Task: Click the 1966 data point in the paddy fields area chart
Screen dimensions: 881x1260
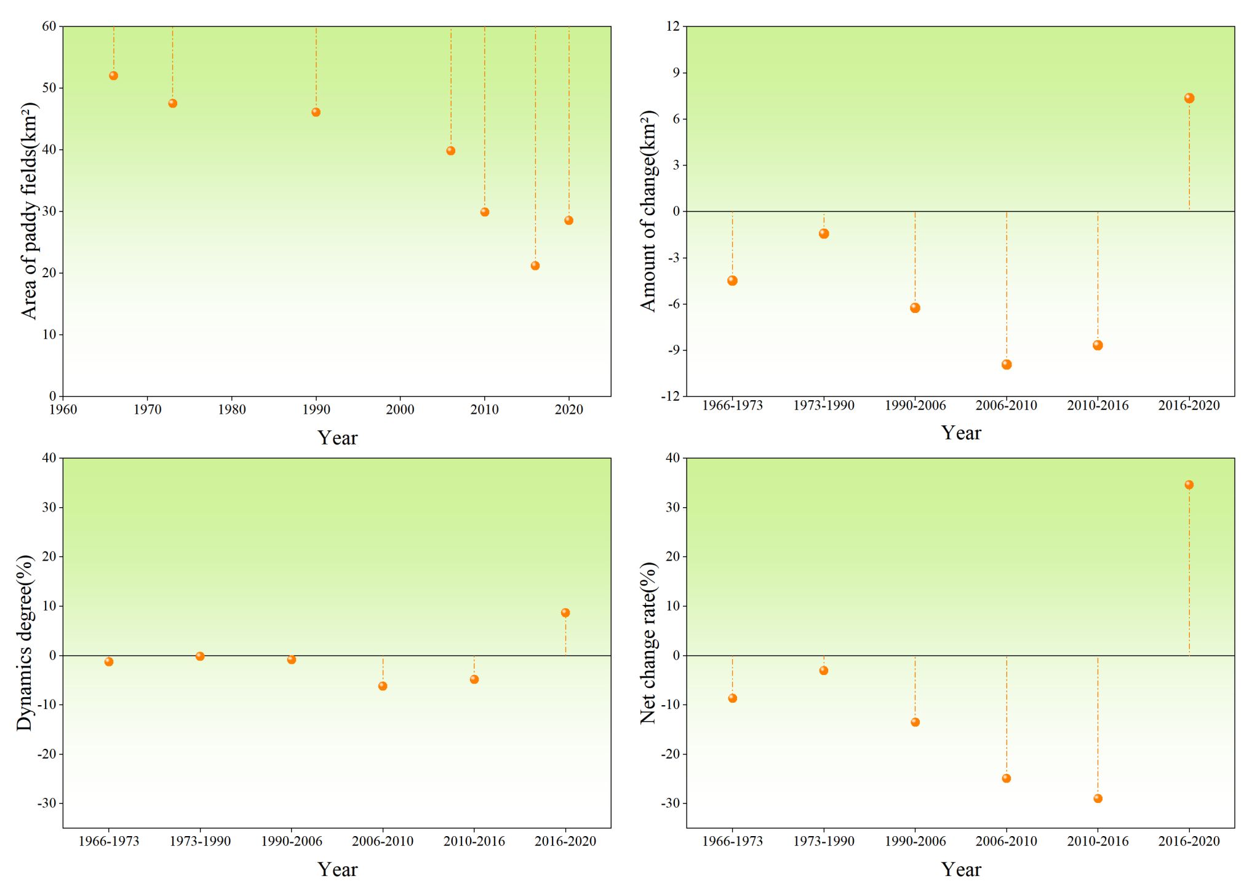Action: [x=113, y=76]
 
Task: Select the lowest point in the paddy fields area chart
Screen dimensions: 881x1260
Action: [x=535, y=266]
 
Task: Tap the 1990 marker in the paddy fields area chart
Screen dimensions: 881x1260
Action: [x=316, y=112]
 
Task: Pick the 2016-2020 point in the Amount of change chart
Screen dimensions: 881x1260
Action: [x=1189, y=98]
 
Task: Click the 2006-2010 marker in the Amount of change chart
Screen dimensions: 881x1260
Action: [x=1007, y=365]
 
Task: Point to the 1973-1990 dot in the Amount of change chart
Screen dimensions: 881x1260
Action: [x=824, y=234]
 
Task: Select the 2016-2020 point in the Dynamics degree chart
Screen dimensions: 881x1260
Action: [x=565, y=613]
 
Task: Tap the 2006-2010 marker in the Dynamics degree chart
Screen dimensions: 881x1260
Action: [x=383, y=686]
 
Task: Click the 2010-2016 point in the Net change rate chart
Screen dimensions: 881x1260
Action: [x=1098, y=799]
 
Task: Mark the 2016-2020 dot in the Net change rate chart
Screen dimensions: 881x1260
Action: [x=1189, y=485]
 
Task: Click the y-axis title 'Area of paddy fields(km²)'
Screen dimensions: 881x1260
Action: [x=29, y=211]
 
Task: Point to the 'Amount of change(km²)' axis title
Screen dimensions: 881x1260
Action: [x=648, y=211]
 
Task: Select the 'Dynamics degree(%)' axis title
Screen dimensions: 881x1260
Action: [x=25, y=642]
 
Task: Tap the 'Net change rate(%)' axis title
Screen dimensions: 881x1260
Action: [x=648, y=642]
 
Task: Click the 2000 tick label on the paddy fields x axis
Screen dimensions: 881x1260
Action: [x=401, y=410]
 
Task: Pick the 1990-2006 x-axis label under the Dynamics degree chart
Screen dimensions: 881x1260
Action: [x=292, y=842]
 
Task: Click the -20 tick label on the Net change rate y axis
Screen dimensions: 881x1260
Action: [x=670, y=754]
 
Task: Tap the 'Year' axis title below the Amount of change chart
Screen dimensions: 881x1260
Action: [x=960, y=433]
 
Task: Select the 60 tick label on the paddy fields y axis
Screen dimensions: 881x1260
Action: [x=49, y=26]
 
